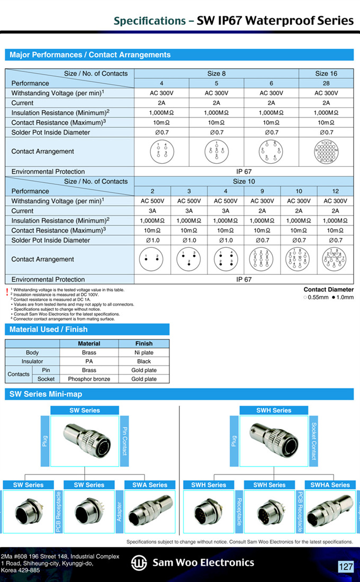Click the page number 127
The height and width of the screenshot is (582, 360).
[346, 567]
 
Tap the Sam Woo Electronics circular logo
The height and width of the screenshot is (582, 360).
[139, 563]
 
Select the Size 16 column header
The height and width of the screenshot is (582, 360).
[326, 74]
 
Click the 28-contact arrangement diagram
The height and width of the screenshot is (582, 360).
[326, 151]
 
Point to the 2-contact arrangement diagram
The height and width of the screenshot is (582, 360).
[152, 259]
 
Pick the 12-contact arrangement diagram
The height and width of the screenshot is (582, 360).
[335, 259]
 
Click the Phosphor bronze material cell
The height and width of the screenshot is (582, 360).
[89, 379]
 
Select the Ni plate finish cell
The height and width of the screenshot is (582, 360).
[143, 352]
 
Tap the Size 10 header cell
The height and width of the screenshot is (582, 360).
[244, 182]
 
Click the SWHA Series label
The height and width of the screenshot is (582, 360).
[329, 485]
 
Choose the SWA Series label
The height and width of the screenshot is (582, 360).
[150, 485]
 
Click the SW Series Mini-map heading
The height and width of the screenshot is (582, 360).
[46, 394]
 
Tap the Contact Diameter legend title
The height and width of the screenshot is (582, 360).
[328, 290]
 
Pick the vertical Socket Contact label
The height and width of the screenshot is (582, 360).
[314, 441]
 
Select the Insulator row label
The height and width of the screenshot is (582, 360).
[33, 361]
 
